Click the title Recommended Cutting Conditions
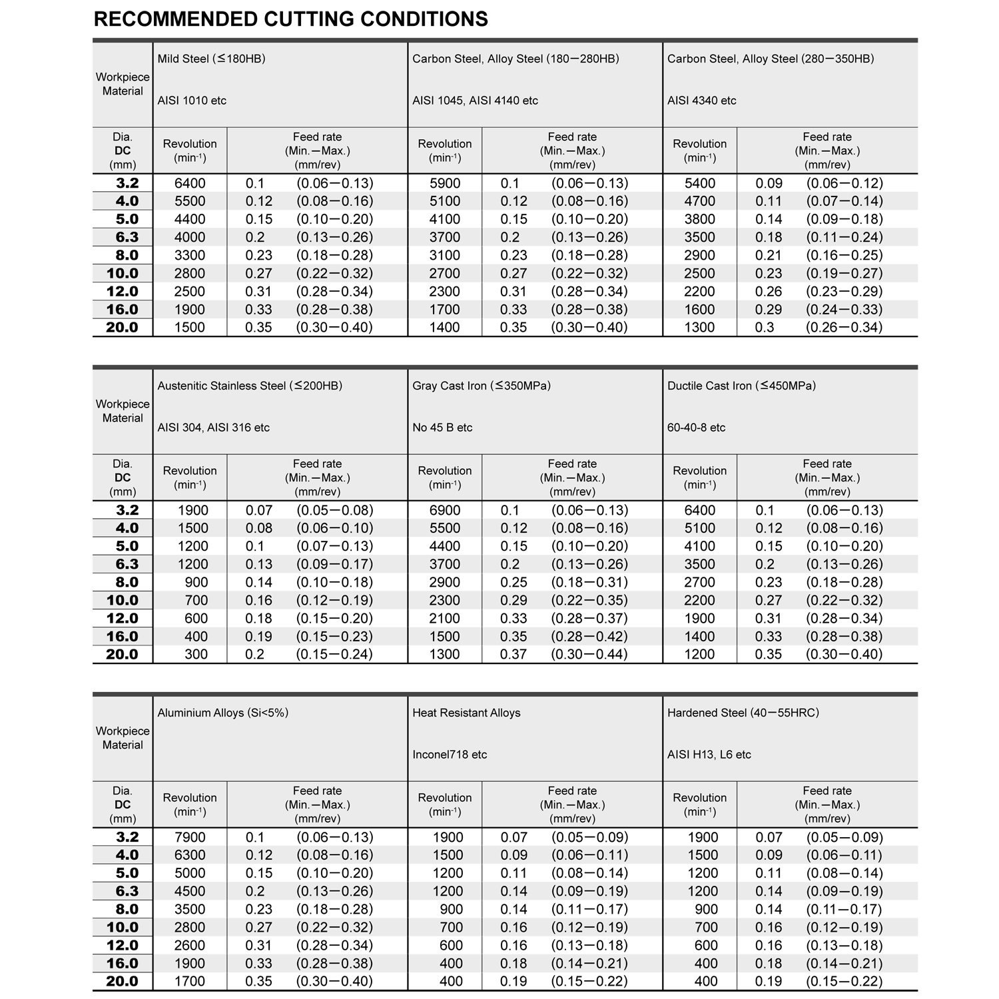290,19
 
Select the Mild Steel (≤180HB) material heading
211,59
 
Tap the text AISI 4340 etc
701,101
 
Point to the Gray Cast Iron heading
481,386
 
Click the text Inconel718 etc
450,755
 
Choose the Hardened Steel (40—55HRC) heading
743,713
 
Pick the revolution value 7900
190,837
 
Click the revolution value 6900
444,510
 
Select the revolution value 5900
444,183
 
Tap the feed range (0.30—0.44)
589,654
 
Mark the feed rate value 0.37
513,654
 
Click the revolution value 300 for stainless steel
196,654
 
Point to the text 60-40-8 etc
696,428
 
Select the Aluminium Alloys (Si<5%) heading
222,713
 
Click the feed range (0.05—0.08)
334,510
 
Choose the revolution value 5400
699,183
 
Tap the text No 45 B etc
442,428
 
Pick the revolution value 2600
190,945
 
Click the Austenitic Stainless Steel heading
250,386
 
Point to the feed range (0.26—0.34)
844,327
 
